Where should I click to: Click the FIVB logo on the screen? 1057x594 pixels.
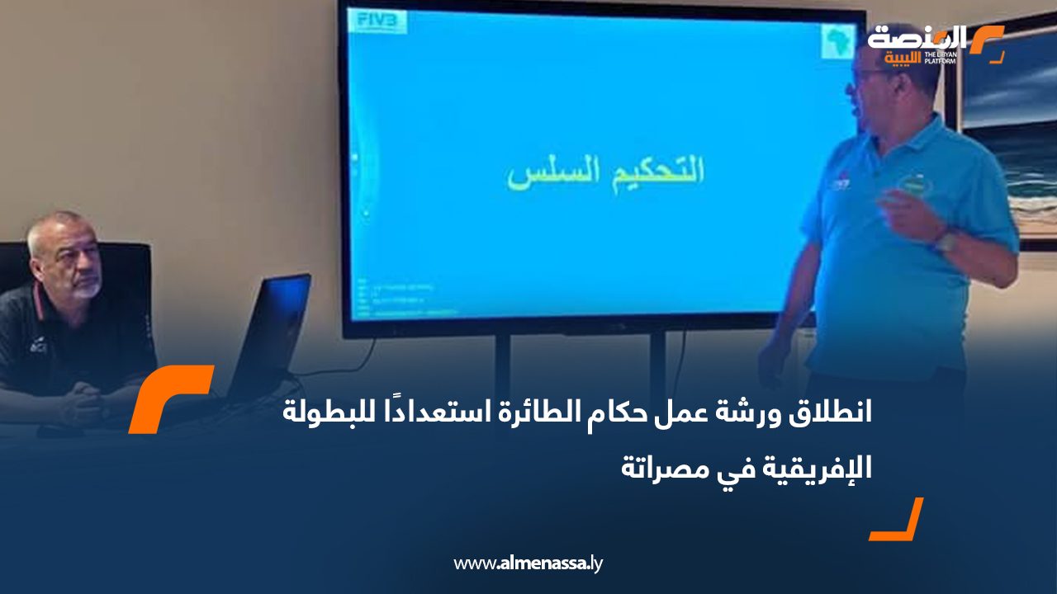(376, 20)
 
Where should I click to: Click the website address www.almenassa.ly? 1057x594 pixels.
(528, 564)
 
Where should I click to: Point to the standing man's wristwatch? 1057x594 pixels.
(946, 240)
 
